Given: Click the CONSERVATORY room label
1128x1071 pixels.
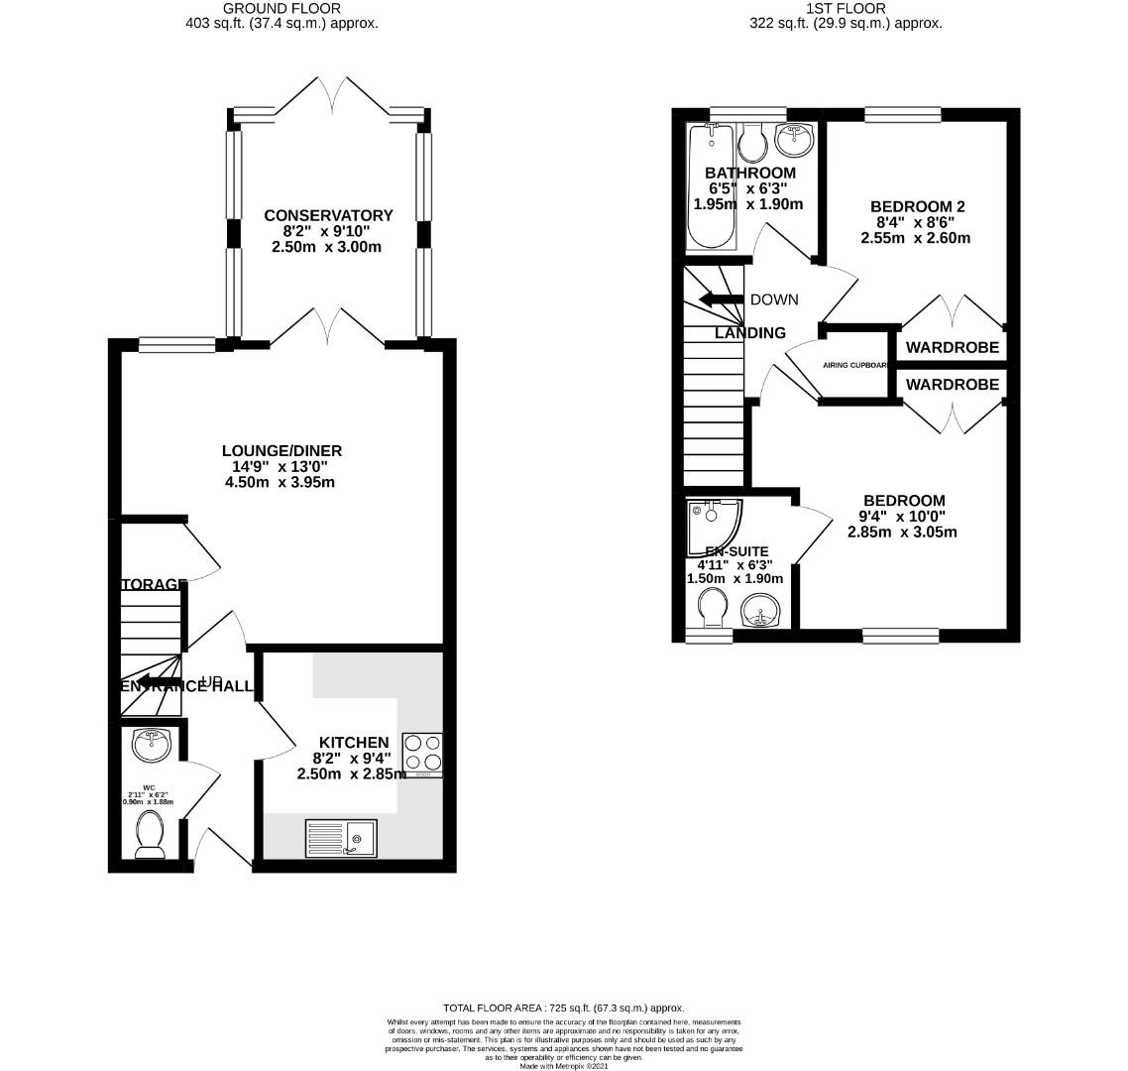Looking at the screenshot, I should (x=328, y=215).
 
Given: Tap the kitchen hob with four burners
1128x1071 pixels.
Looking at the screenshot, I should (x=422, y=755).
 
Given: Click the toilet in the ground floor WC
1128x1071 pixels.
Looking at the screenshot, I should (x=151, y=833).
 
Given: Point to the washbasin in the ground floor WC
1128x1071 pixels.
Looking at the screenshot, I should (x=151, y=745).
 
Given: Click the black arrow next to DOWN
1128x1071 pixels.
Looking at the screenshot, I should (x=721, y=299).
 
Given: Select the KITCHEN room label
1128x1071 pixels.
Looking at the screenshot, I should (x=353, y=743).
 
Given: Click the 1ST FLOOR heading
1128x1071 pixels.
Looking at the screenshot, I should (x=846, y=8).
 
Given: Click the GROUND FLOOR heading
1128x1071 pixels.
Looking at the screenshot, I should (x=282, y=8).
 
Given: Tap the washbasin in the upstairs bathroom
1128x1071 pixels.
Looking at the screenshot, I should (x=793, y=141).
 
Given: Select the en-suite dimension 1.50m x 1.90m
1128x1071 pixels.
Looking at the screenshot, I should (x=734, y=579).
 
